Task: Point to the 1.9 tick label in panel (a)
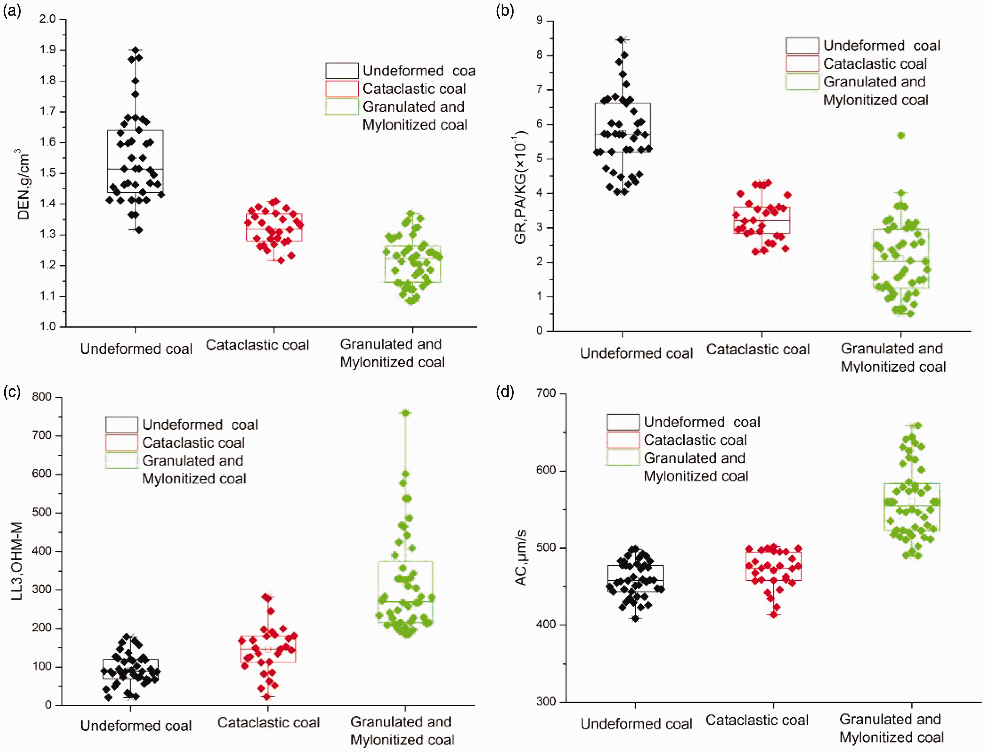coord(48,50)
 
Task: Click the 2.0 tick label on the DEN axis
coord(48,19)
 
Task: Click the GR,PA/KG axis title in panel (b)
coord(521,187)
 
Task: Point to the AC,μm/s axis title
coord(521,557)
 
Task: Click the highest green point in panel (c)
coord(406,413)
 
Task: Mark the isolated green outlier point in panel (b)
coord(901,136)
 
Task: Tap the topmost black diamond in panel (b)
coord(621,40)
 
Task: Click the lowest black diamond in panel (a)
coord(139,230)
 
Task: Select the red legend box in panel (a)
coord(342,89)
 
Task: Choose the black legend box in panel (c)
coord(122,424)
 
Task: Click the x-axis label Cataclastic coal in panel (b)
coord(758,349)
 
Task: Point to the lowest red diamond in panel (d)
coord(774,614)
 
